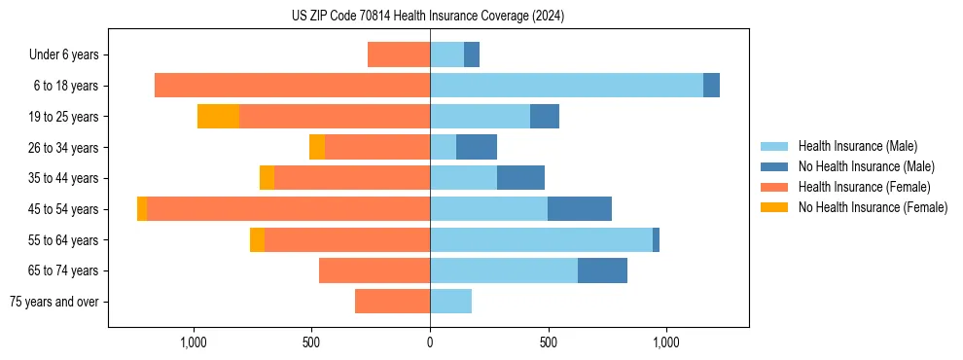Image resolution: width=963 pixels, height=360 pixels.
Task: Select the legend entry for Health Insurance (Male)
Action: (x=857, y=146)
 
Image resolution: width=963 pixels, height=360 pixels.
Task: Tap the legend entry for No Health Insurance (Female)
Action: (x=873, y=207)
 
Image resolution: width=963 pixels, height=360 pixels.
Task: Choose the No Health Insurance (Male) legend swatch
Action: (x=774, y=166)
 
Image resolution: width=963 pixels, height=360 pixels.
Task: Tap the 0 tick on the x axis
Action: (x=430, y=342)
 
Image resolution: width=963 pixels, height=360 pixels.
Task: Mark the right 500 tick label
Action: (x=548, y=342)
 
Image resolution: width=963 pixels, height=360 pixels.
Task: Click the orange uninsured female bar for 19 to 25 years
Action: (x=218, y=117)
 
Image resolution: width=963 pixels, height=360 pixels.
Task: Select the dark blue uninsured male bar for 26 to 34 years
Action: (x=477, y=147)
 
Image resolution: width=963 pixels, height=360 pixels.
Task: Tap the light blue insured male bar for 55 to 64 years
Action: (x=541, y=239)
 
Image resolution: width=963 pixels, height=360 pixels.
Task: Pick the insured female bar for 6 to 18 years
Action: (x=292, y=86)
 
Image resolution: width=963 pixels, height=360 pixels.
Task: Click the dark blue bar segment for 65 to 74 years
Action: (x=602, y=270)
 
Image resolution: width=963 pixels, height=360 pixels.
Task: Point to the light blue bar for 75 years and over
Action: (x=450, y=302)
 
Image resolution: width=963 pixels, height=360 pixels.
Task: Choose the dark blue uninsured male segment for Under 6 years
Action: (x=472, y=55)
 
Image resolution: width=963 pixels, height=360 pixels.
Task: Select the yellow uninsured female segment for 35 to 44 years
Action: (x=267, y=178)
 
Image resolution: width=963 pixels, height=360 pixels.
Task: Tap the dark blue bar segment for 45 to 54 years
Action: (x=580, y=209)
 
